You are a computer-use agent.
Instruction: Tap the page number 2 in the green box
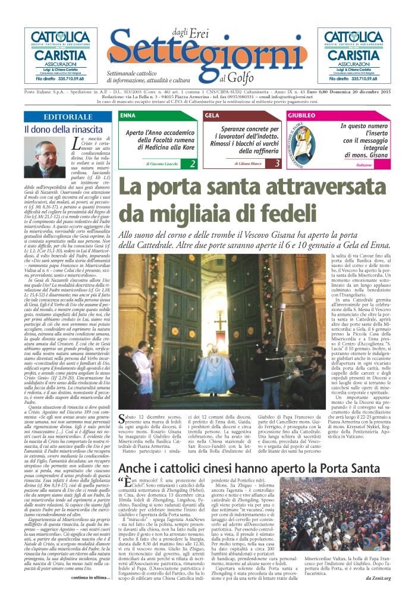(193, 163)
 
